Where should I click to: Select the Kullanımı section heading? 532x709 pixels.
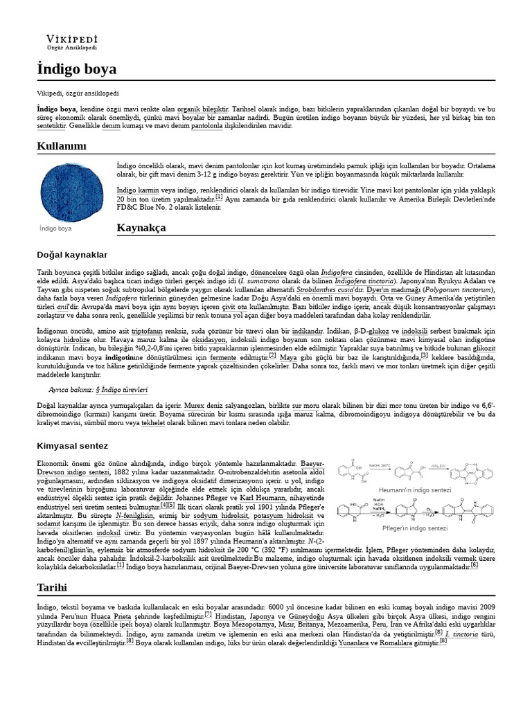click(62, 145)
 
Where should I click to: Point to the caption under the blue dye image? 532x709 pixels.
click(55, 227)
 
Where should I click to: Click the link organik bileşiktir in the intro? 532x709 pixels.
click(202, 110)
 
